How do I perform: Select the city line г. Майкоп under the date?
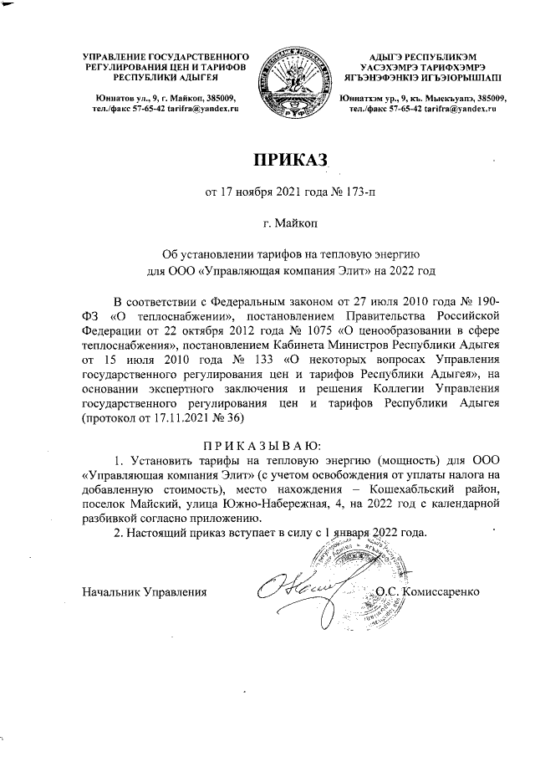point(289,224)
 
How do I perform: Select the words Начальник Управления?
point(144,592)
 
